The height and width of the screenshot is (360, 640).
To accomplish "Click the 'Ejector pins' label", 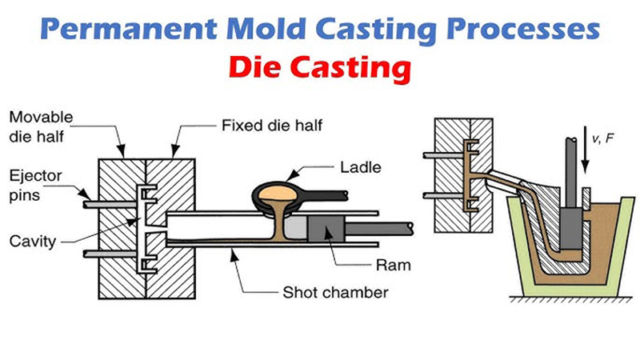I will coord(27,183).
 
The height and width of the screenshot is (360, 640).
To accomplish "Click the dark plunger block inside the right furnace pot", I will coord(571,228).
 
